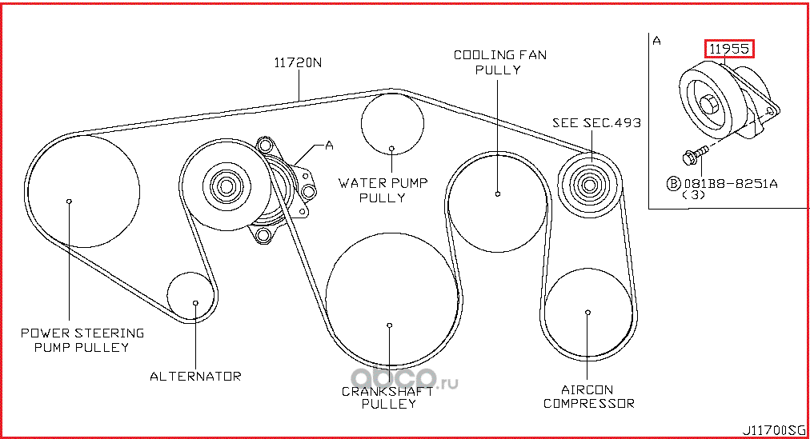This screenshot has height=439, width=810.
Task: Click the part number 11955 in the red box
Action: pyautogui.click(x=729, y=49)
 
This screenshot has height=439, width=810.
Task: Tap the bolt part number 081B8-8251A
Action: pyautogui.click(x=728, y=183)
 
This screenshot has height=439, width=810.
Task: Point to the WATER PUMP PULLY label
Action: pyautogui.click(x=383, y=190)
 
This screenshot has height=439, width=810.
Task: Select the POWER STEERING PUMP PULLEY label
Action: pyautogui.click(x=82, y=340)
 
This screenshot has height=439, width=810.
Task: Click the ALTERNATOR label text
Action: pyautogui.click(x=195, y=375)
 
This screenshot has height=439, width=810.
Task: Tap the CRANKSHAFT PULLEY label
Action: pyautogui.click(x=388, y=397)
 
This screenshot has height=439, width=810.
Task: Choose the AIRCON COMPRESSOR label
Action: pyautogui.click(x=588, y=397)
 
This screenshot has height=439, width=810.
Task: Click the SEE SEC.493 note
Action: pyautogui.click(x=596, y=122)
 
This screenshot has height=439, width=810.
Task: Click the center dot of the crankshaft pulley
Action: pyautogui.click(x=389, y=325)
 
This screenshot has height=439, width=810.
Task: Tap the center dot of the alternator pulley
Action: pyautogui.click(x=195, y=302)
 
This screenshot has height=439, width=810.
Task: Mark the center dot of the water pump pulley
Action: pyautogui.click(x=391, y=148)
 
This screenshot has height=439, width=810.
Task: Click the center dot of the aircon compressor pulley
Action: pyautogui.click(x=588, y=312)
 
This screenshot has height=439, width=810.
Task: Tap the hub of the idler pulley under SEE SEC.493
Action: pyautogui.click(x=589, y=186)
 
